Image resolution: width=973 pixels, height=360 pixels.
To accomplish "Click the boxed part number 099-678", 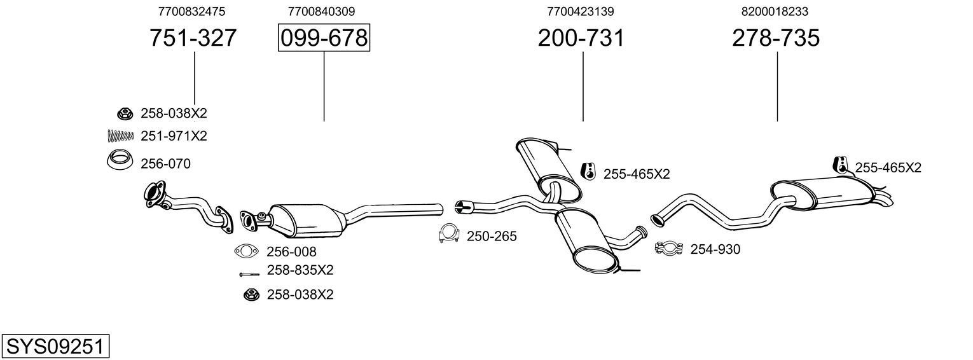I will click(x=324, y=38).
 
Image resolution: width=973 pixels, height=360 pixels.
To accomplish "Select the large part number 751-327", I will click(x=193, y=38).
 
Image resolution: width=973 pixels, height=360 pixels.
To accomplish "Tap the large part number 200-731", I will click(x=581, y=38).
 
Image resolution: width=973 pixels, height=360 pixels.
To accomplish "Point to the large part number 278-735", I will click(x=776, y=38).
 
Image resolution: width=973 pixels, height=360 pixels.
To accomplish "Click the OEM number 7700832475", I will click(x=191, y=11).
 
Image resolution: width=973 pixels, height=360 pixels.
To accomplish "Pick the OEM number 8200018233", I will click(x=775, y=11).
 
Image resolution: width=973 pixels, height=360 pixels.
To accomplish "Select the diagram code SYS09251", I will click(x=55, y=347).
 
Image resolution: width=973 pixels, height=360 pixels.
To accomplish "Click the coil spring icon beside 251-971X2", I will click(x=120, y=135).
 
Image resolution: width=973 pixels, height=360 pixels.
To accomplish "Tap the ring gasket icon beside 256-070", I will click(x=119, y=161).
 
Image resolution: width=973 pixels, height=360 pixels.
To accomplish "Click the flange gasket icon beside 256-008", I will click(x=247, y=252).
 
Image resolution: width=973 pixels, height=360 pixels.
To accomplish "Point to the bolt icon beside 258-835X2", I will click(x=249, y=274).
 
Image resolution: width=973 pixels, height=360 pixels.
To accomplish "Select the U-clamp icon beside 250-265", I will click(x=449, y=235).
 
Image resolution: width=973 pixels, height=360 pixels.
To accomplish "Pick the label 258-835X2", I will click(x=300, y=270).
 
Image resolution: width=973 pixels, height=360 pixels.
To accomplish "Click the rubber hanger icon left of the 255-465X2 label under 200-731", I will click(x=589, y=171).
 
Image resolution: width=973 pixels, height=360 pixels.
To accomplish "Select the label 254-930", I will click(x=715, y=250).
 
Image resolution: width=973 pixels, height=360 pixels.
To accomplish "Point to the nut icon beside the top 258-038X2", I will click(x=125, y=114).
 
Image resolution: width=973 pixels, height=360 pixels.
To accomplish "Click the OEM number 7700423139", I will click(x=580, y=11).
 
